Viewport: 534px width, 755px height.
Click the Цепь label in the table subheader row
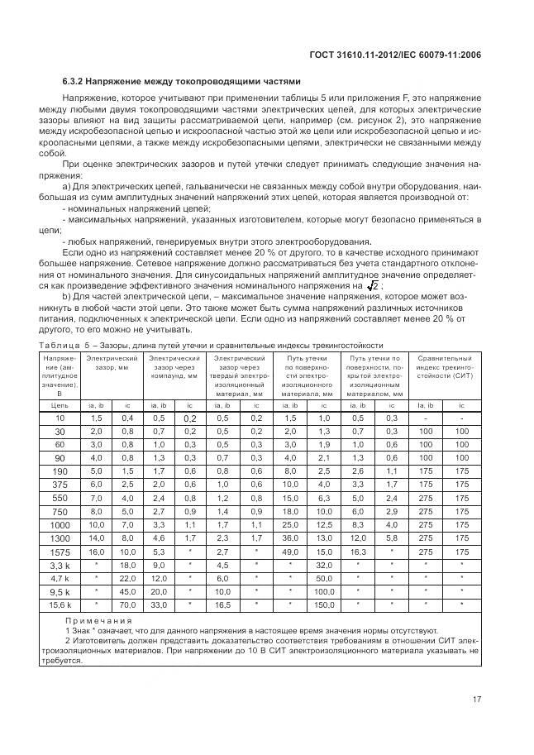click(x=60, y=406)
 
